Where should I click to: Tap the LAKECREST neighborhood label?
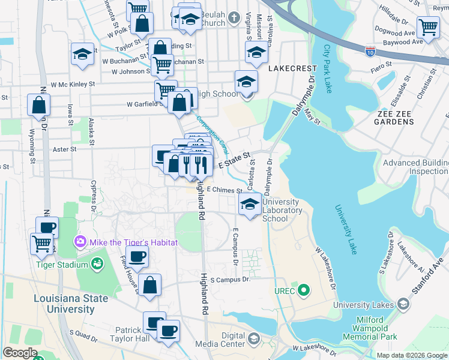tap(291, 68)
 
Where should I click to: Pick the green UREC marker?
tap(304, 292)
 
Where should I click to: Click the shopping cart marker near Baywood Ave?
tap(428, 27)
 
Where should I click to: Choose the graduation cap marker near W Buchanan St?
tap(83, 54)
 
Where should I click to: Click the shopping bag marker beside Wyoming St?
tap(39, 106)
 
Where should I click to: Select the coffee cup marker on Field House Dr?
tap(137, 257)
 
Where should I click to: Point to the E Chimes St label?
tap(224, 189)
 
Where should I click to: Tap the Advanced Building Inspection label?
tap(415, 167)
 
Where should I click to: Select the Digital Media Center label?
tap(220, 340)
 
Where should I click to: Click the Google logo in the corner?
tap(20, 353)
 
